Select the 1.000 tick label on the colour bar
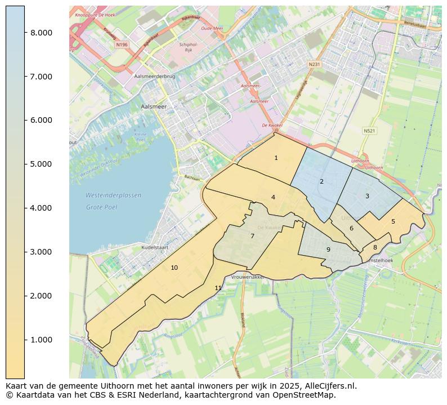point(41,340)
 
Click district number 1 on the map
point(276,158)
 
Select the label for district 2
point(321,181)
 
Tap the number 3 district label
point(367,196)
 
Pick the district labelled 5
point(393,221)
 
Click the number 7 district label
point(252,237)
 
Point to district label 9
point(328,250)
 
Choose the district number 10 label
point(175,268)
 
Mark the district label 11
point(218,288)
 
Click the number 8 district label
point(375,247)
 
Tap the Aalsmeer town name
point(152,106)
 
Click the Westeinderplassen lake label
point(113,195)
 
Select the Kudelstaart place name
point(141,247)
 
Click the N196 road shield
point(122,44)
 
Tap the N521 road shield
point(369,131)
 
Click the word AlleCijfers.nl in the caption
point(330,386)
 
